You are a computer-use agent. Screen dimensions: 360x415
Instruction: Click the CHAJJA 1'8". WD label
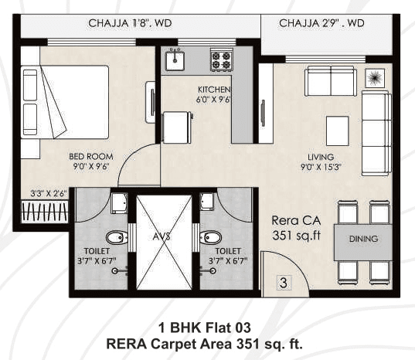point(131,23)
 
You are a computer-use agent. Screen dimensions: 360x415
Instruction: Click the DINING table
point(363,239)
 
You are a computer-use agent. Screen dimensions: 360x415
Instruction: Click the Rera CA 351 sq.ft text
point(291,228)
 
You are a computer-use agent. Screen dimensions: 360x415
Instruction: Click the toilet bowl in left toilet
point(115,236)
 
